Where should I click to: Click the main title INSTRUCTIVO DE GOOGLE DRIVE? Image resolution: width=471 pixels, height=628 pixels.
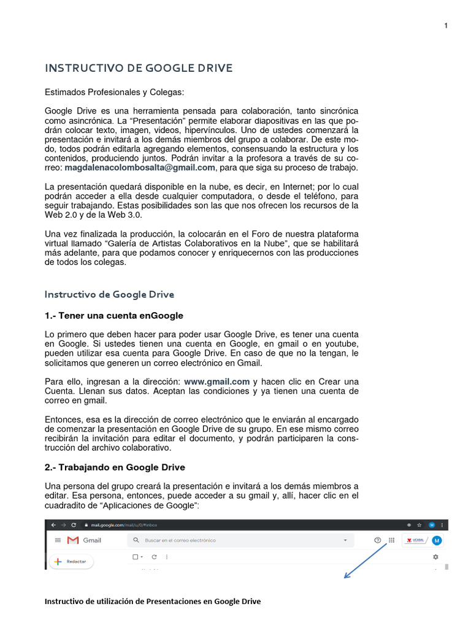click(139, 68)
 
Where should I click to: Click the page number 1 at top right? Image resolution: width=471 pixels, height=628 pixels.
click(446, 25)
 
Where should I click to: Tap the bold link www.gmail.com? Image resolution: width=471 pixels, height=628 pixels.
click(216, 381)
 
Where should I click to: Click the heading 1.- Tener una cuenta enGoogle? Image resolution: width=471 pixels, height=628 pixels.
click(114, 316)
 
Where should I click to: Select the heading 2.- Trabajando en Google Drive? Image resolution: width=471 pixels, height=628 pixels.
click(115, 467)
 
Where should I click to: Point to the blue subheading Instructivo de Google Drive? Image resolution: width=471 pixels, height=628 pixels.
click(109, 294)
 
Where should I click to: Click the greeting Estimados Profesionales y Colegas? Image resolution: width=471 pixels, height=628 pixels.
click(114, 93)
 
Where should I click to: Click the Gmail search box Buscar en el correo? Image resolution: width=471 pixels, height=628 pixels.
click(239, 540)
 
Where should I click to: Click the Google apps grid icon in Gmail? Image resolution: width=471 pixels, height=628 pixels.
click(392, 540)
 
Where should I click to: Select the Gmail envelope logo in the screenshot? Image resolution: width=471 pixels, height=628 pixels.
click(73, 540)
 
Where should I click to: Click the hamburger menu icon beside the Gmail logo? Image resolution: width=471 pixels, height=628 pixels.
click(58, 540)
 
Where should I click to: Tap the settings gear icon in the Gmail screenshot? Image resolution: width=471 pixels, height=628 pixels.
click(435, 557)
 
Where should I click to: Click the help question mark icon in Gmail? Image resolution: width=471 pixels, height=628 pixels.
click(377, 540)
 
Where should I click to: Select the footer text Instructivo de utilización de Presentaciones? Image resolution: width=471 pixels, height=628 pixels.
click(153, 602)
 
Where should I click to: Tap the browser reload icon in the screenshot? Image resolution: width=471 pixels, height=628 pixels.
click(74, 525)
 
